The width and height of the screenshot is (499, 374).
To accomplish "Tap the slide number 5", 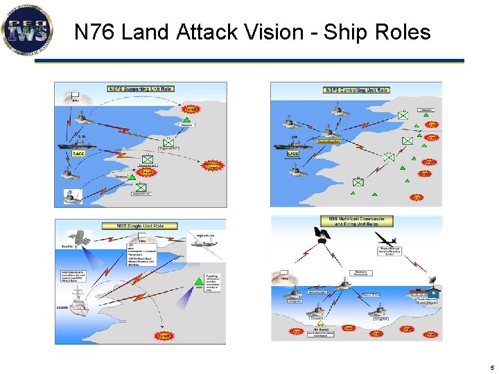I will pyautogui.click(x=491, y=367).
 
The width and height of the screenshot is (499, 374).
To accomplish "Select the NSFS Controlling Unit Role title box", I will pyautogui.click(x=356, y=90).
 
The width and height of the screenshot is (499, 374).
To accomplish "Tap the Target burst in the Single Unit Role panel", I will pyautogui.click(x=164, y=335).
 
